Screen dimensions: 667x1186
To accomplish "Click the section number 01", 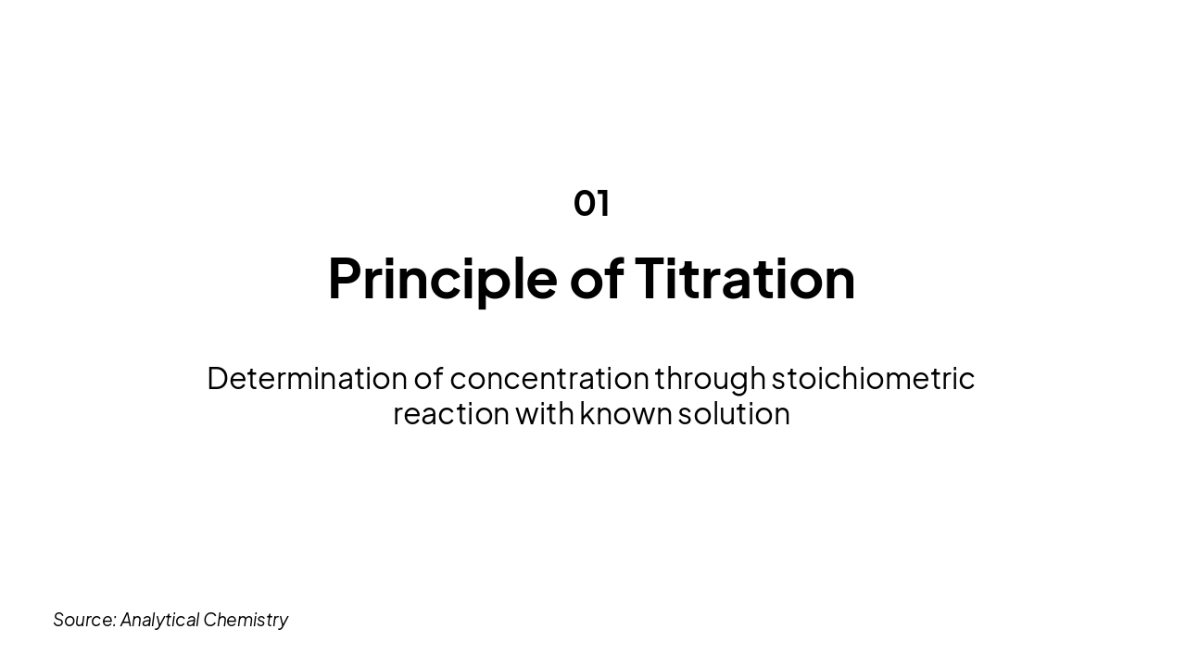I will [x=591, y=203].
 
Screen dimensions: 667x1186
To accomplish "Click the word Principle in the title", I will [x=442, y=278].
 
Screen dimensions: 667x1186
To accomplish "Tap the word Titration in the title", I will [x=744, y=278].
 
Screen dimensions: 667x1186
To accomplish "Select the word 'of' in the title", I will [x=596, y=278].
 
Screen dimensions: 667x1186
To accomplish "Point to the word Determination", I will [x=307, y=378].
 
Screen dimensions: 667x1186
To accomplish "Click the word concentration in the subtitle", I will [x=549, y=378].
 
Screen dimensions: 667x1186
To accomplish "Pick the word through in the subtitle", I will [x=710, y=378].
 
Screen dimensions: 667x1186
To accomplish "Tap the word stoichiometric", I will [x=873, y=378].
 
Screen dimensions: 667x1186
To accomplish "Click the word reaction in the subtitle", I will [x=450, y=413].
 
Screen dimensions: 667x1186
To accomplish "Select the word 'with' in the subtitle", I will [x=544, y=413].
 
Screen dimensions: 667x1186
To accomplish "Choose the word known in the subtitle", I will [x=625, y=413].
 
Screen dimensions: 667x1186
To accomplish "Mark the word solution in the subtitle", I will [x=734, y=413].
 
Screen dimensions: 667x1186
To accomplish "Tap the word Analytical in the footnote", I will [x=159, y=619].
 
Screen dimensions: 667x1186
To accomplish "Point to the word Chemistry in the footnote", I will [x=246, y=619].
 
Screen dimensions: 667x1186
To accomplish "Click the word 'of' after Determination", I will [x=428, y=378].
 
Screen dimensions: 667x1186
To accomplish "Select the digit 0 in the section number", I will [x=585, y=203].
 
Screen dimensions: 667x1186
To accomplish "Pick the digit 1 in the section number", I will [x=604, y=203].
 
